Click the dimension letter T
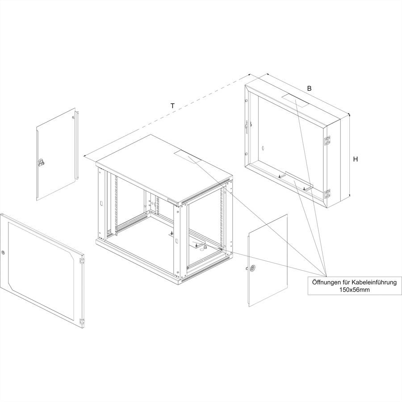click(173, 106)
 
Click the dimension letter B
click(309, 88)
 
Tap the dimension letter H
click(356, 159)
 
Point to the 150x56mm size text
click(355, 290)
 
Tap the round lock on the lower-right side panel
click(253, 268)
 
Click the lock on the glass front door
click(3, 252)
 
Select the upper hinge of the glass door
click(82, 260)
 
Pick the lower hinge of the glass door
click(82, 322)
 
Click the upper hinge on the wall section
click(327, 141)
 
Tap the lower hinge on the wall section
click(327, 194)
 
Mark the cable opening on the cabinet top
click(188, 157)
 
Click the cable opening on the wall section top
click(296, 100)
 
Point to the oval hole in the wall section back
click(263, 148)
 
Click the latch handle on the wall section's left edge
click(247, 127)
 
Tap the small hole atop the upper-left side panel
click(73, 117)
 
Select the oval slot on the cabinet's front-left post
click(101, 204)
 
